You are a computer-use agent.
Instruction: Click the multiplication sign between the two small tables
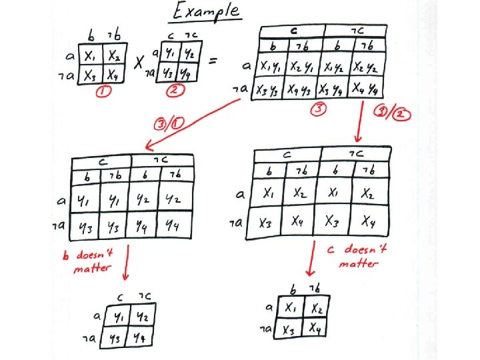click(140, 63)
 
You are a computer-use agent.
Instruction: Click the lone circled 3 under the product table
click(318, 111)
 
